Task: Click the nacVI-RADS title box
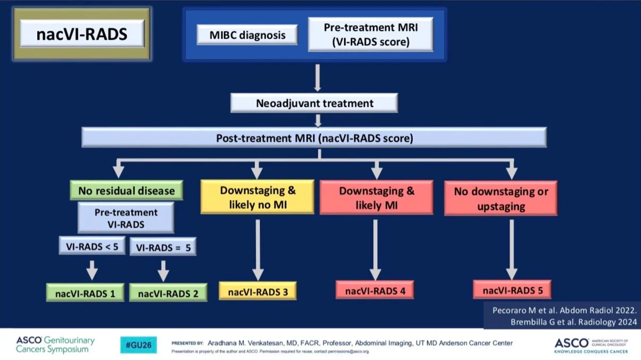tap(82, 34)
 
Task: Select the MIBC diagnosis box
tap(247, 35)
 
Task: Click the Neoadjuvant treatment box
tap(314, 103)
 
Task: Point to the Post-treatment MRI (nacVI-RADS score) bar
tap(314, 138)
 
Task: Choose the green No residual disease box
tap(126, 190)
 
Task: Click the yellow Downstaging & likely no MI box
tap(257, 197)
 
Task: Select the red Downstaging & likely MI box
tap(376, 198)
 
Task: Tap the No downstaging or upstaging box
tap(501, 198)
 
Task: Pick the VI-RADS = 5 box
tap(163, 248)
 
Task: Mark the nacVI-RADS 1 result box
tap(85, 292)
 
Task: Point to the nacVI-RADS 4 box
tap(374, 290)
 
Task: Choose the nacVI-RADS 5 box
tap(512, 290)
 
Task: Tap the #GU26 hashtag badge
tap(138, 345)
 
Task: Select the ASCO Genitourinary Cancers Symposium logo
tap(55, 344)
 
